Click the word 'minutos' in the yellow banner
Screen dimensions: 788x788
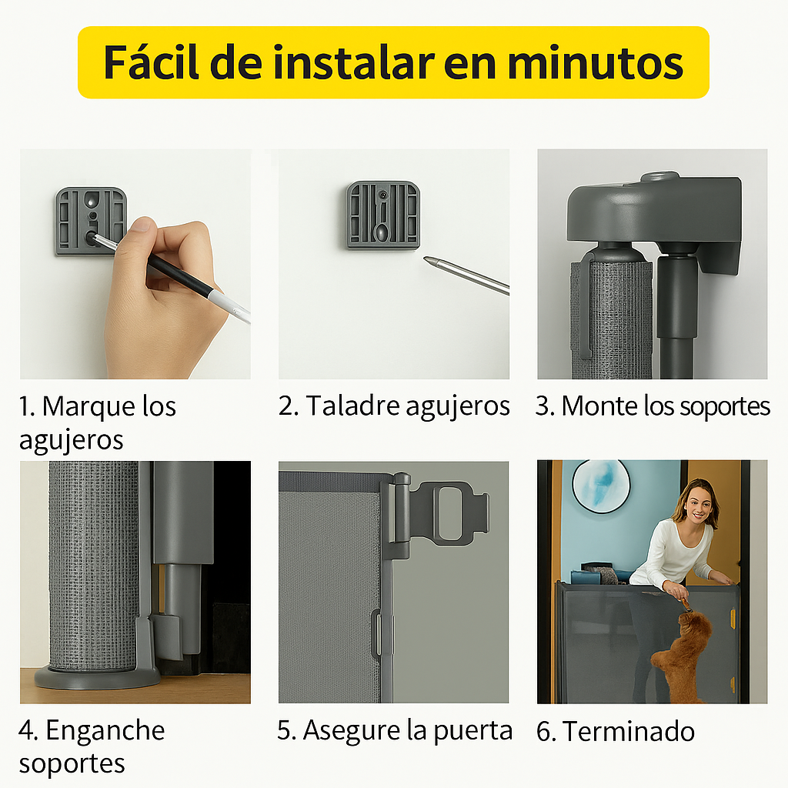[x=595, y=63]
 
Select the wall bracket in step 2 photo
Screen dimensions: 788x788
[x=383, y=215]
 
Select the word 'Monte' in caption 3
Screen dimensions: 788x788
[x=599, y=406]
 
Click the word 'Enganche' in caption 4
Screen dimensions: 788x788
[x=105, y=730]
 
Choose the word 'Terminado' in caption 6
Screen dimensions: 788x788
[x=629, y=731]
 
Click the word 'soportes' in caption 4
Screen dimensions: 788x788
[x=72, y=764]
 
